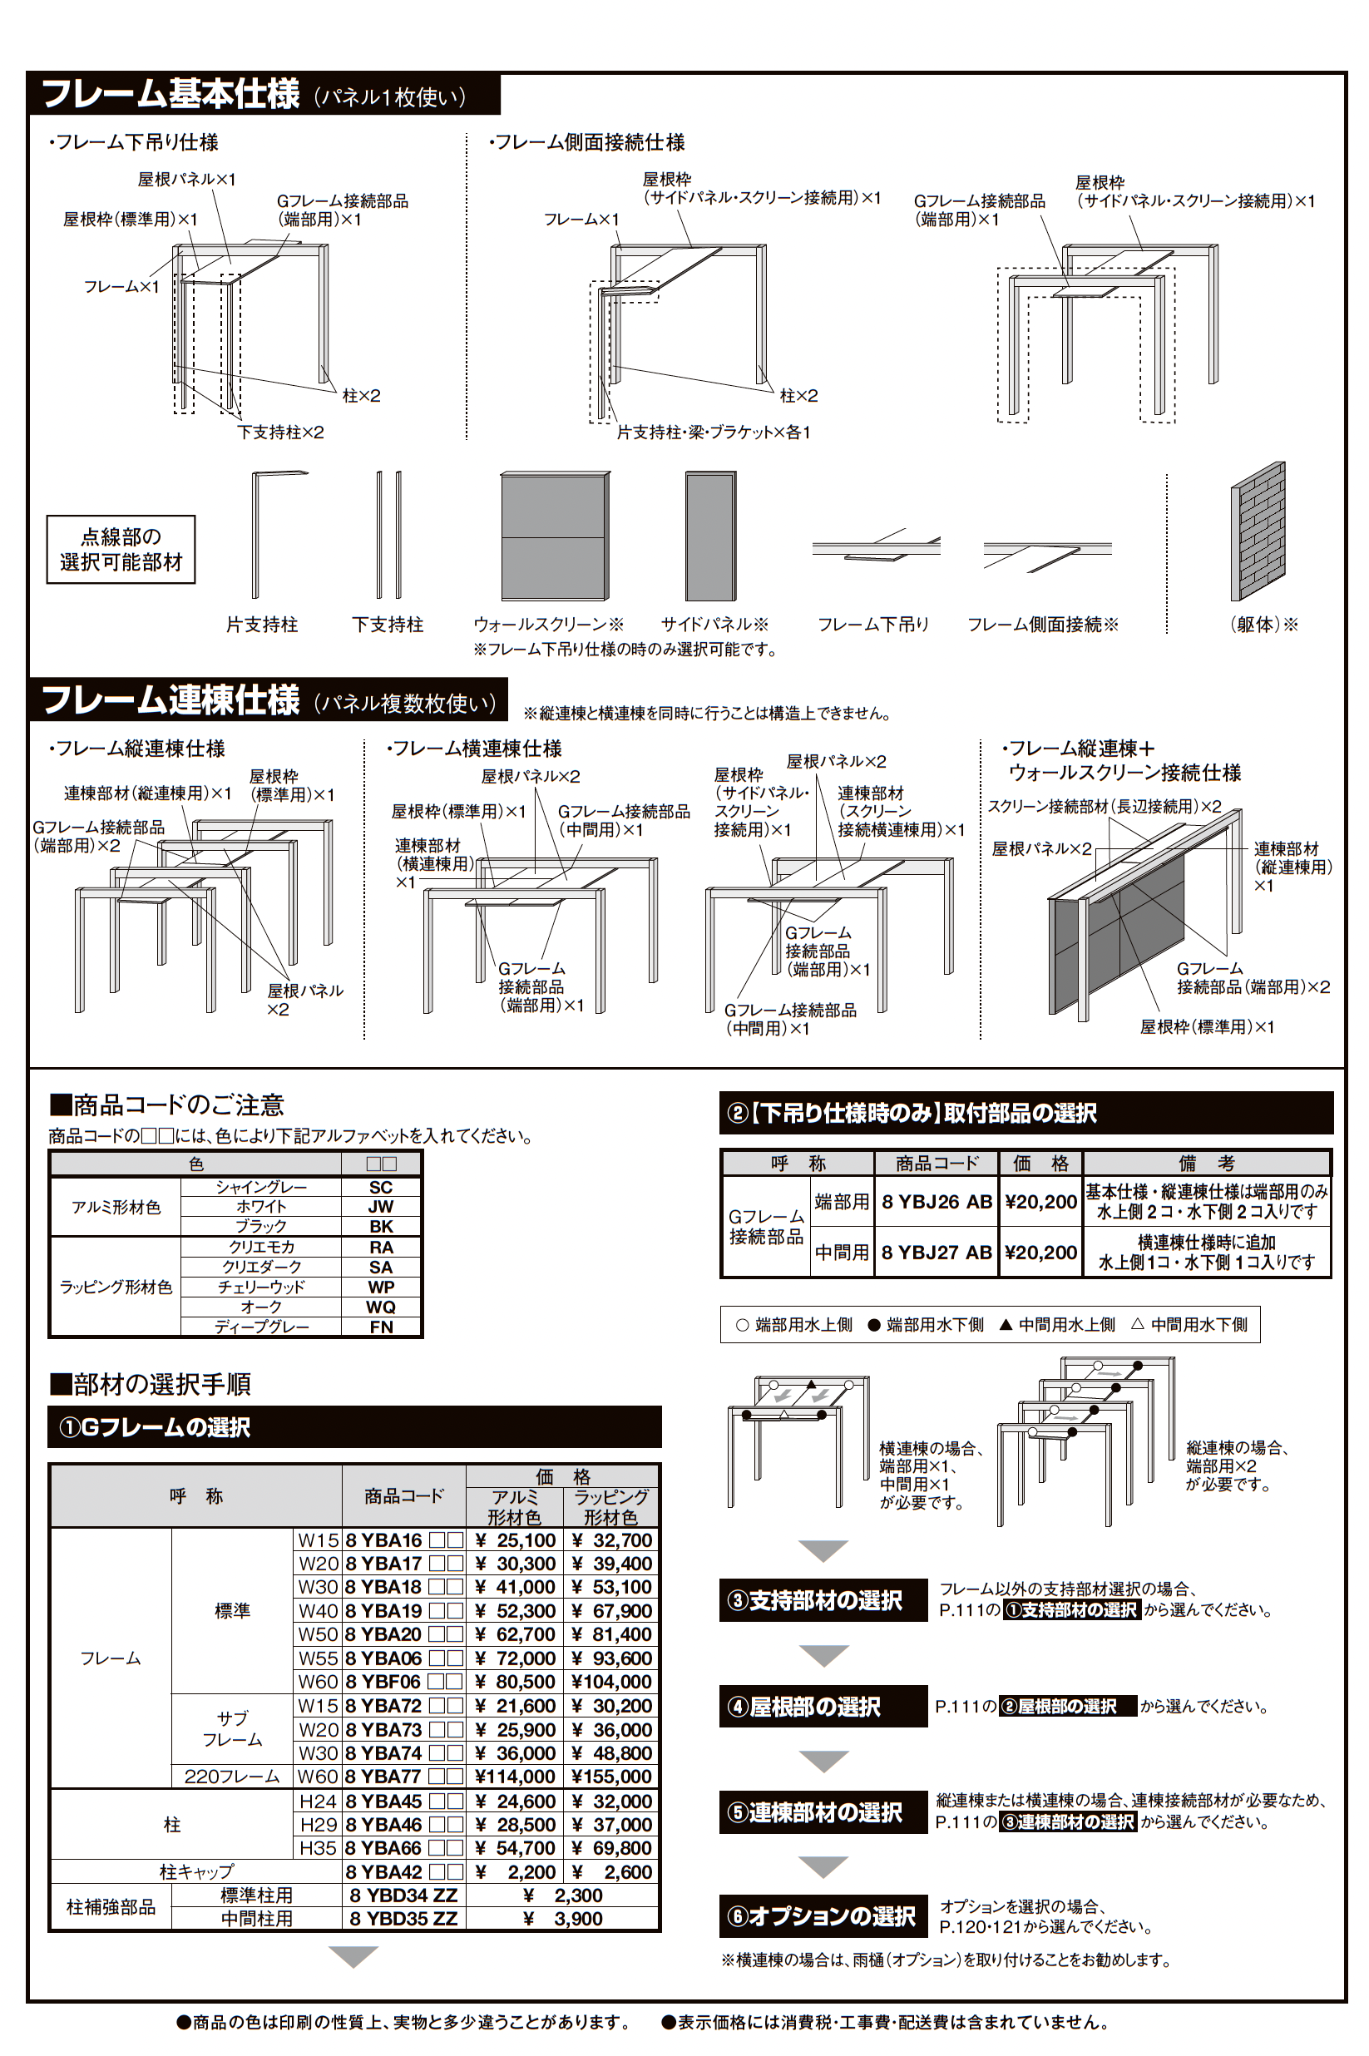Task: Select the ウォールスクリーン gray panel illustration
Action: (x=555, y=535)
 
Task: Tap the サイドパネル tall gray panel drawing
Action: (x=709, y=535)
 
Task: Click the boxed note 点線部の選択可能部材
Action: (x=121, y=549)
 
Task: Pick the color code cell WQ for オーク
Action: (x=381, y=1307)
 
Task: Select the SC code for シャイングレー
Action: (x=381, y=1188)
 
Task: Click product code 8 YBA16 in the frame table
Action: (x=383, y=1540)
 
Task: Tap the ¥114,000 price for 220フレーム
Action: (x=515, y=1777)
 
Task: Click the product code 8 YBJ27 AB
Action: (x=936, y=1252)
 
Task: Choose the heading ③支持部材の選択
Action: (x=823, y=1600)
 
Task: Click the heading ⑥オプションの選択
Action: (x=823, y=1916)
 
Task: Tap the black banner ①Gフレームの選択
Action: (x=353, y=1426)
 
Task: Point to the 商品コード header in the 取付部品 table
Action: (x=936, y=1163)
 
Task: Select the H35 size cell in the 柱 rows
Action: (x=317, y=1848)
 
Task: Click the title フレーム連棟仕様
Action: (x=171, y=700)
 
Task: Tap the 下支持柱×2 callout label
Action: (x=280, y=432)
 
